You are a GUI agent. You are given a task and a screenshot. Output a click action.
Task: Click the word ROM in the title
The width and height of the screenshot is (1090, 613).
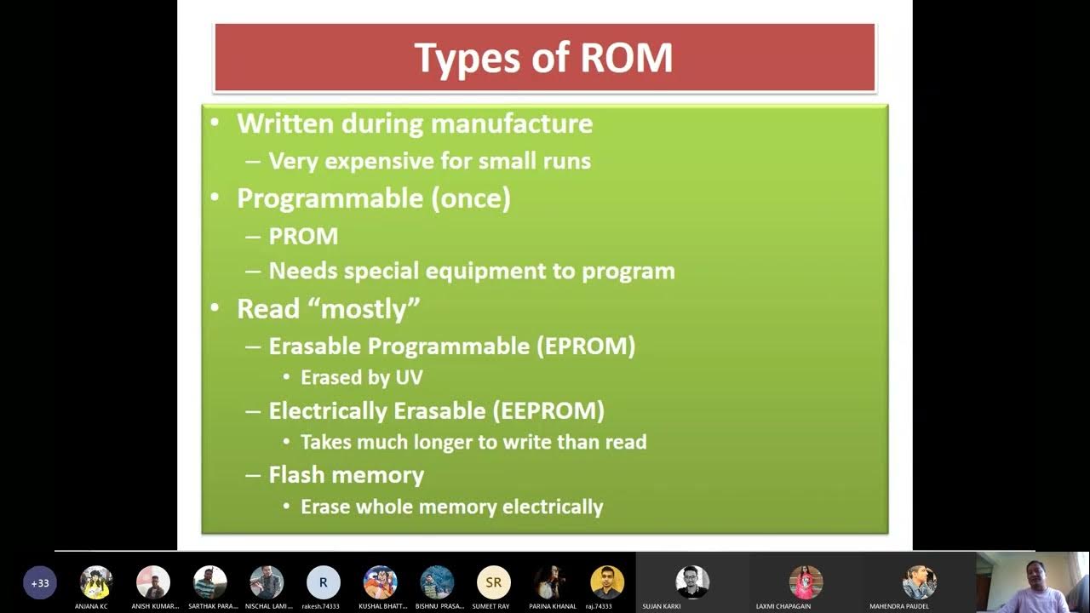click(x=627, y=58)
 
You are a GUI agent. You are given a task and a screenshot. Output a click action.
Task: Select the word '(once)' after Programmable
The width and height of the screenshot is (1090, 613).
click(x=471, y=198)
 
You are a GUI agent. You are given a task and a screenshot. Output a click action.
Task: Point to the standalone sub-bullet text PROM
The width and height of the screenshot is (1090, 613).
click(x=303, y=236)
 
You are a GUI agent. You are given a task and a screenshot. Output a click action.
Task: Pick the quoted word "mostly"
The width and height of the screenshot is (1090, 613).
click(x=370, y=308)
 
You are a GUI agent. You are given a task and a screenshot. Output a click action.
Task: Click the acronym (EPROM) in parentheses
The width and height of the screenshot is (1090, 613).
click(x=585, y=346)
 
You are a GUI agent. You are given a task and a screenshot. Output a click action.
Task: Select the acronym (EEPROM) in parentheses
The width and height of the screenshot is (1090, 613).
click(x=548, y=410)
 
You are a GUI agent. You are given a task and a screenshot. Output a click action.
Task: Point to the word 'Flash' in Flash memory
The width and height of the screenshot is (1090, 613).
click(x=298, y=474)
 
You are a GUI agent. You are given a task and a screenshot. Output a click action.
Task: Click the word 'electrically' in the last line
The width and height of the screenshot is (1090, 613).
click(x=553, y=507)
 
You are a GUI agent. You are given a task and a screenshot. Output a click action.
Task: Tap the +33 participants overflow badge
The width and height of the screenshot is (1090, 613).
click(x=40, y=583)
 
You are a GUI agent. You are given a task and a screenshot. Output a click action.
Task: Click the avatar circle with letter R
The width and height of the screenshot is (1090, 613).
click(x=323, y=582)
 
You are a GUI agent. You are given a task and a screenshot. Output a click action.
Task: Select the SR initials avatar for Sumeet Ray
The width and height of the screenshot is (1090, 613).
click(x=493, y=582)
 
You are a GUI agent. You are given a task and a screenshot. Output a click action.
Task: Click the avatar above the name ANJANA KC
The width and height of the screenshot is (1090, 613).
click(x=96, y=581)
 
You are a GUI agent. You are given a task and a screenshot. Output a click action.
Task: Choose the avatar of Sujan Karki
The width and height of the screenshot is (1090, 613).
click(x=692, y=581)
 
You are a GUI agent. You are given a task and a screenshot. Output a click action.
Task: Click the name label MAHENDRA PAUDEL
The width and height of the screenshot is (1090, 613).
click(x=899, y=606)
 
